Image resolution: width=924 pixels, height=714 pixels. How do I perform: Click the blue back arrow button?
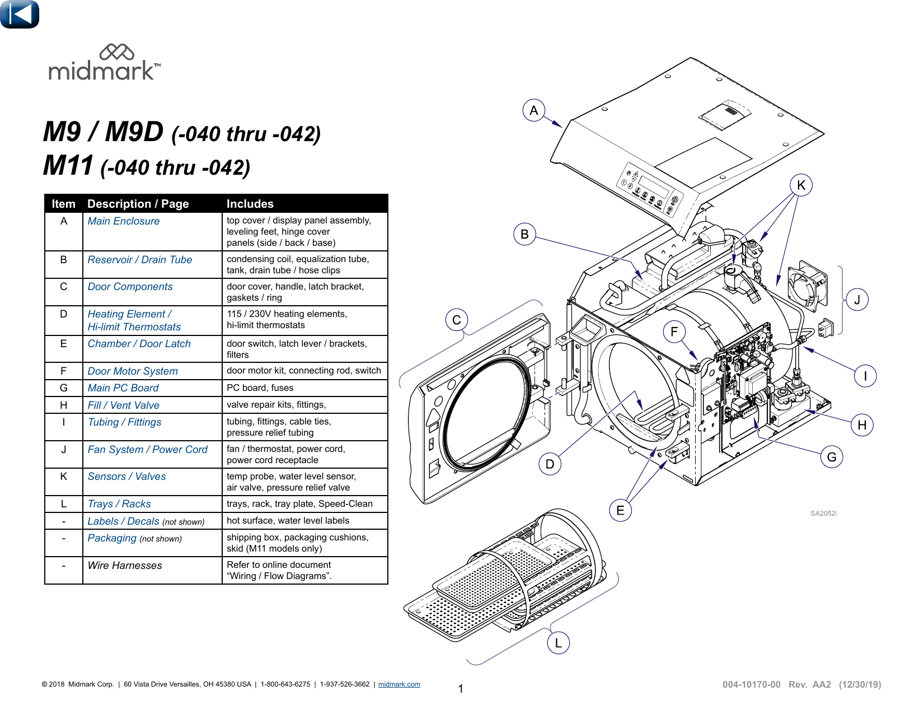click(20, 14)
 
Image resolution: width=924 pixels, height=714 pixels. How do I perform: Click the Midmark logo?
click(105, 63)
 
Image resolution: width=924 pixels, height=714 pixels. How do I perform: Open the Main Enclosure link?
click(123, 221)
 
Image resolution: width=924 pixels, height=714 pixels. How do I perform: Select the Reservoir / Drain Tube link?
click(139, 260)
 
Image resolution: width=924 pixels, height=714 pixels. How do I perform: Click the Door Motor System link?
click(132, 371)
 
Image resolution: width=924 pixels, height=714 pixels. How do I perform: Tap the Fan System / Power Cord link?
click(147, 450)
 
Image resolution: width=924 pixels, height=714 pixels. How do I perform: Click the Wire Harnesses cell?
click(124, 566)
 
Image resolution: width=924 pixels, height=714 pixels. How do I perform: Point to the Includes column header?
click(250, 204)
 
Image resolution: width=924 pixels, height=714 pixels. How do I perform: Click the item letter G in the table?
click(63, 388)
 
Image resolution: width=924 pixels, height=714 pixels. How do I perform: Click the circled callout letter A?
click(534, 111)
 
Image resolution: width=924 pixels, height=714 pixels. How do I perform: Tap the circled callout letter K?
click(801, 185)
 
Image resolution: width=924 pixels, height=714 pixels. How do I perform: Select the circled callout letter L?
click(558, 643)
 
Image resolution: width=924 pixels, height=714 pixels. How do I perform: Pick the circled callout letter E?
click(620, 510)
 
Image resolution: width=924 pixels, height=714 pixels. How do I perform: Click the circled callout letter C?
click(457, 320)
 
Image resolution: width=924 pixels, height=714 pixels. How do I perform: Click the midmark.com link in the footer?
click(399, 684)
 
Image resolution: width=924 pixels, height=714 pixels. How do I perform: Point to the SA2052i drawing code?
click(823, 514)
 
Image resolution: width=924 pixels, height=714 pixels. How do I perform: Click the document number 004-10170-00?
click(751, 684)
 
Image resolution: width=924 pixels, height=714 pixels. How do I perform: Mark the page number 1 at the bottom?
click(461, 689)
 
